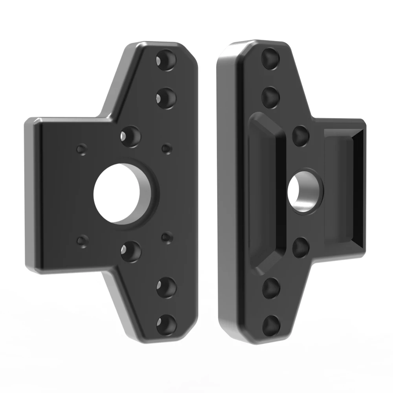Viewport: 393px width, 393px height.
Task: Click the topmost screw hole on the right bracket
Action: (272, 58)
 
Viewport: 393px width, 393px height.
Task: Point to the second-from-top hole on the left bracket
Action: (165, 97)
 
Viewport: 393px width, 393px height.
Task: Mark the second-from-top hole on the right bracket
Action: (272, 94)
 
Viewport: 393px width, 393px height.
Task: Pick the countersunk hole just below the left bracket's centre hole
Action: (131, 250)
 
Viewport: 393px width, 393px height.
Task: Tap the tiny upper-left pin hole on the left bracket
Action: (82, 150)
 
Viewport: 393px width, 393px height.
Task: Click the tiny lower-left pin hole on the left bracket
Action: (82, 241)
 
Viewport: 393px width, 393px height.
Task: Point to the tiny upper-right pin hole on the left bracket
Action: (167, 149)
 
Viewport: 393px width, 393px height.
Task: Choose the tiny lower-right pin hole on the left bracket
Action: (167, 237)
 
